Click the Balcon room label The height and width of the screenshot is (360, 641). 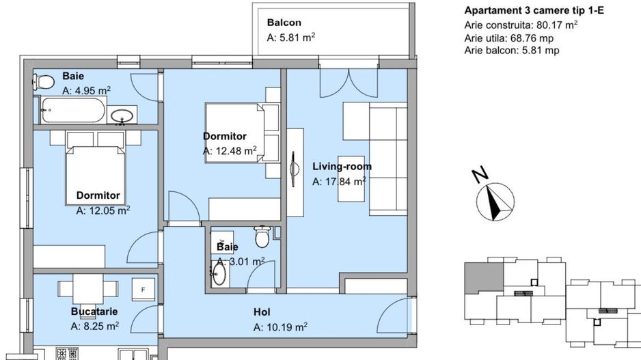(284, 23)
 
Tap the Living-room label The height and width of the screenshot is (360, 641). (342, 167)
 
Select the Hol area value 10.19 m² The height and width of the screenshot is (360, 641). (280, 327)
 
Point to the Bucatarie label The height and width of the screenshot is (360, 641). (94, 311)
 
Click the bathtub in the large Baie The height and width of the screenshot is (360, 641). (73, 111)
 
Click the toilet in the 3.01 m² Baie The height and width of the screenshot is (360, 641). (262, 236)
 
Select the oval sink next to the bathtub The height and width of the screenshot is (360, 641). (122, 115)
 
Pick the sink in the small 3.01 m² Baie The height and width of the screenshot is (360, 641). (219, 275)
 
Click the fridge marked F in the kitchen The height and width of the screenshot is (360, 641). (143, 290)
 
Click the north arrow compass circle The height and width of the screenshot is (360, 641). (495, 202)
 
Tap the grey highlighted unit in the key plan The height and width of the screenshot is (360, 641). (484, 277)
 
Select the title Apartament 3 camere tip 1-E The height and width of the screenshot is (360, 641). (534, 11)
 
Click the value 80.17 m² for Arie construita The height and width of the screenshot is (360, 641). (557, 25)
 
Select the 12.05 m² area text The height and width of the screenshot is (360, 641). (103, 210)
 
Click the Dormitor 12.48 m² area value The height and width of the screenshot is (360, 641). (230, 151)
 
